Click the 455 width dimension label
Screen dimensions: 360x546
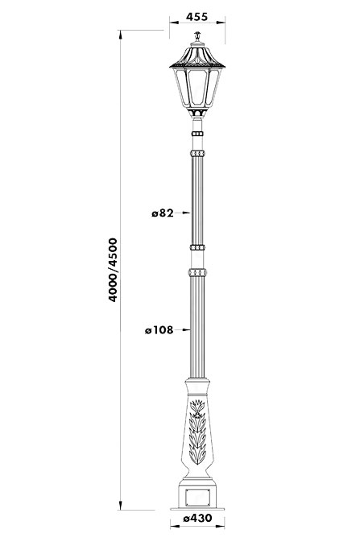[x=197, y=16]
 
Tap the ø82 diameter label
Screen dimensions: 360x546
[x=163, y=213]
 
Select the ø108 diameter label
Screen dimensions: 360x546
[x=159, y=329]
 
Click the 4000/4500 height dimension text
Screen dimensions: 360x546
[x=113, y=270]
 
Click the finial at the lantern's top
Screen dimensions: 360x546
[x=197, y=36]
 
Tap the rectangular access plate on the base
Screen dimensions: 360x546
[x=197, y=498]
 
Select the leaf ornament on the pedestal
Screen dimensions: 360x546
[x=197, y=432]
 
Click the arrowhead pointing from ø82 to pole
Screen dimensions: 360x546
[x=186, y=213]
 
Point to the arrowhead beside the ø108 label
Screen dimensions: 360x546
[x=186, y=329]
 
